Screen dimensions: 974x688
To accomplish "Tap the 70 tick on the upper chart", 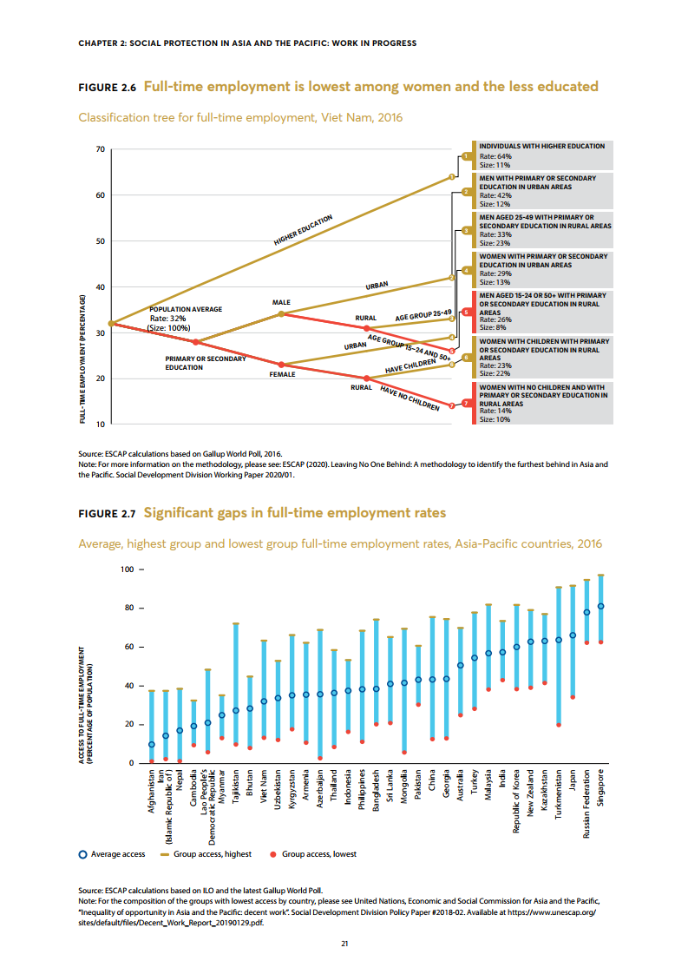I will coord(100,150).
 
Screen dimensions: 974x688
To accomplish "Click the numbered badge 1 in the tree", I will coord(466,156).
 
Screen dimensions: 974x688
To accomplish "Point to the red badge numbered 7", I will coord(466,404).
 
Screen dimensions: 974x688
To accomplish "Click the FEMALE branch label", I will coord(281,374).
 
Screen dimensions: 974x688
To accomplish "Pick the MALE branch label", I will coord(281,302).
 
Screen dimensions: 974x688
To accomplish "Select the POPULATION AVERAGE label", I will coord(186,309).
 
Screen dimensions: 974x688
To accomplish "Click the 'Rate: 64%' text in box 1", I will coord(491,155).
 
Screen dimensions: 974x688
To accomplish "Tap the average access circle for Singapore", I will coord(601,606).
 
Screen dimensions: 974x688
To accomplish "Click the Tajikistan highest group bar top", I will coord(236,623).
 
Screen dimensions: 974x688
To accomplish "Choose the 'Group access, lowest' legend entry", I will coord(317,854).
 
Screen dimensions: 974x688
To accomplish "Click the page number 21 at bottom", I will coord(344,944).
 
